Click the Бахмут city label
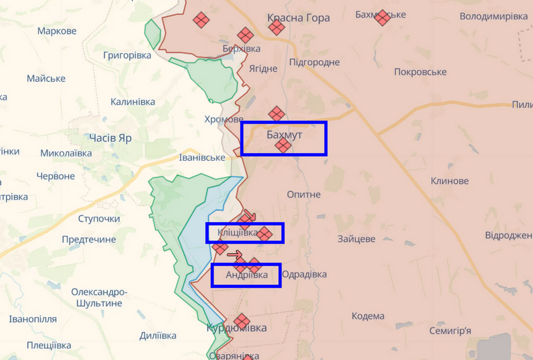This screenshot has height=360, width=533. click(x=284, y=135)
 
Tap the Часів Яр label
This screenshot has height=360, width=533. click(x=110, y=138)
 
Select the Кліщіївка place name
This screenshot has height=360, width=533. click(x=237, y=232)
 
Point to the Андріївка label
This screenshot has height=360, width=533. click(x=246, y=275)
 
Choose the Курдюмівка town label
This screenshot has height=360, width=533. click(x=237, y=328)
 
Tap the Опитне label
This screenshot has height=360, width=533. click(x=304, y=194)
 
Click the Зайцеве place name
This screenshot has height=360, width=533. click(x=357, y=239)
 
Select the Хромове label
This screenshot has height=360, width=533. click(x=224, y=119)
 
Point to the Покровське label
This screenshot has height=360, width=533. click(x=420, y=72)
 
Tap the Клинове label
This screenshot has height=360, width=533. click(x=450, y=181)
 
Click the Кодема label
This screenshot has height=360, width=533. click(x=368, y=316)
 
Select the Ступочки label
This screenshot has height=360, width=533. click(x=99, y=219)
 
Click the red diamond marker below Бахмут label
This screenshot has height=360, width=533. click(x=283, y=145)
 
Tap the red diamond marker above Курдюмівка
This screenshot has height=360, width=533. click(x=241, y=321)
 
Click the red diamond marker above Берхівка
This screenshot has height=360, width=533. click(x=245, y=35)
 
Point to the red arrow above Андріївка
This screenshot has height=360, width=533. click(x=235, y=255)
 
